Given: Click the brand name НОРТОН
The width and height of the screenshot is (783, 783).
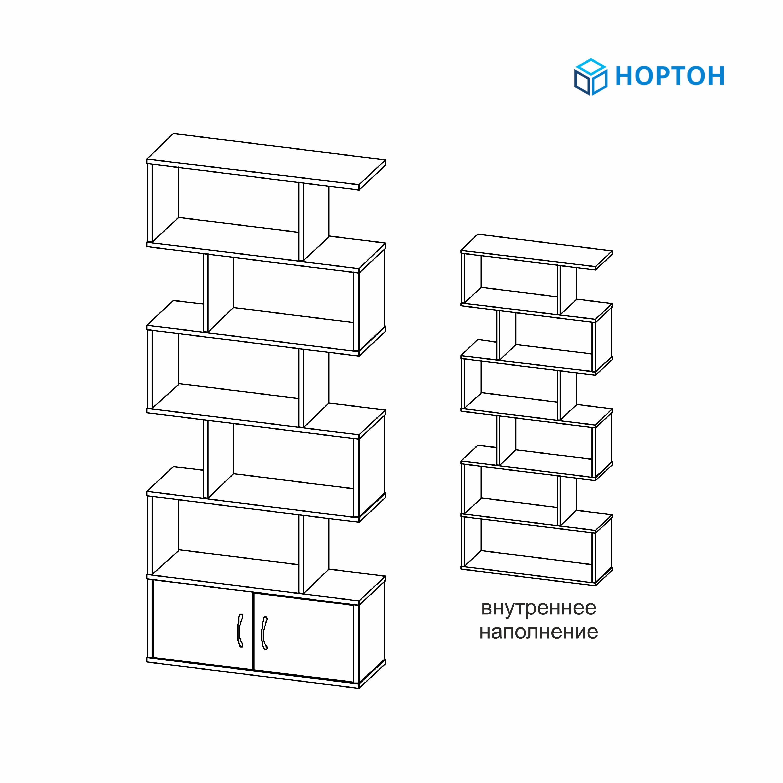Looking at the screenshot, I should [670, 76].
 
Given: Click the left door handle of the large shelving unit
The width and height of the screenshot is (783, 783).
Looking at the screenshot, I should [240, 630].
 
